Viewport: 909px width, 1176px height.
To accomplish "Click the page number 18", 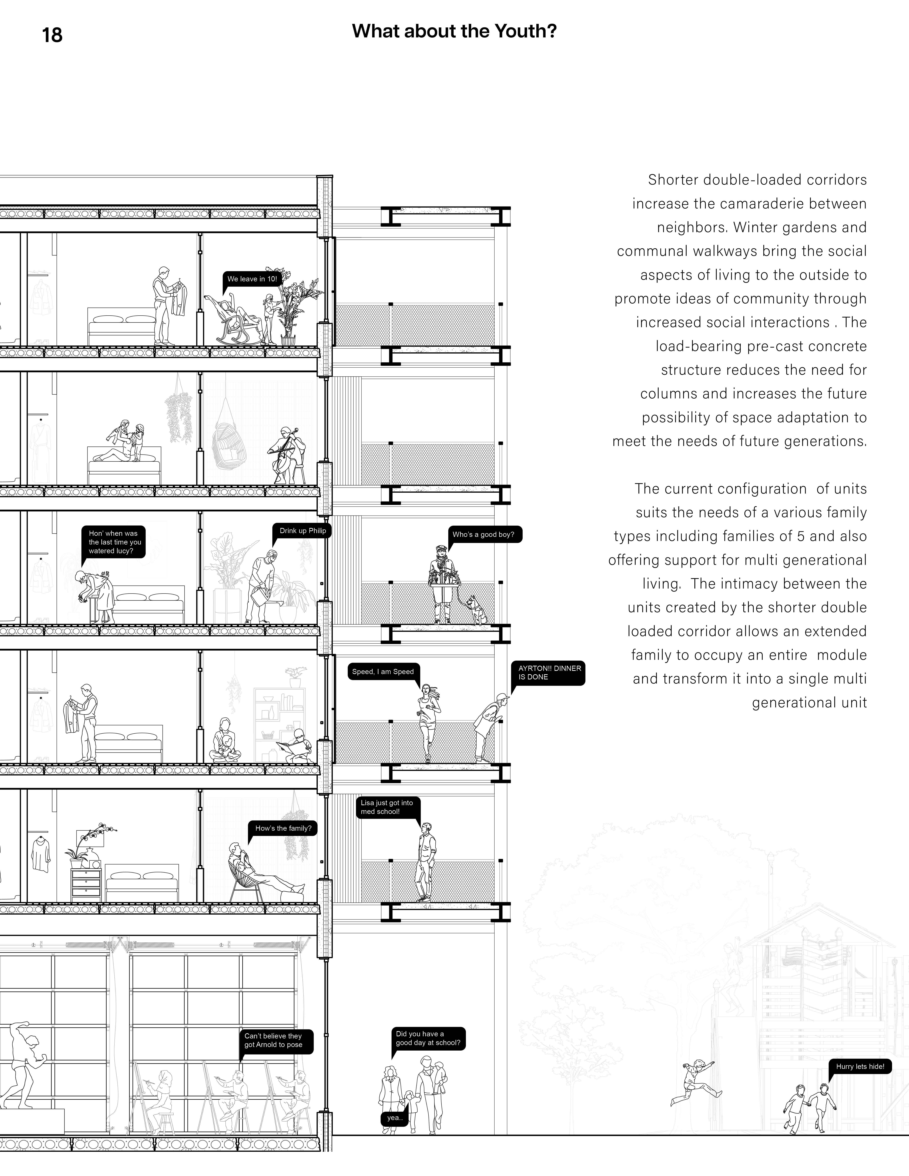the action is [52, 35].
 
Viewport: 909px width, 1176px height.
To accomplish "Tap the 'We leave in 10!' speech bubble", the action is [251, 279].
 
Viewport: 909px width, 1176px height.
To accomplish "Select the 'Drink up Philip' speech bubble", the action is [302, 531].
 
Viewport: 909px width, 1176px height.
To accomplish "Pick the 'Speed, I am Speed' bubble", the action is [383, 671].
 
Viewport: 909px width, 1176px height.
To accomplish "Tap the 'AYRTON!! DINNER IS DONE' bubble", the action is [549, 673].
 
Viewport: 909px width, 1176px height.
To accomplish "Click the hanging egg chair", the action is [227, 443].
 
